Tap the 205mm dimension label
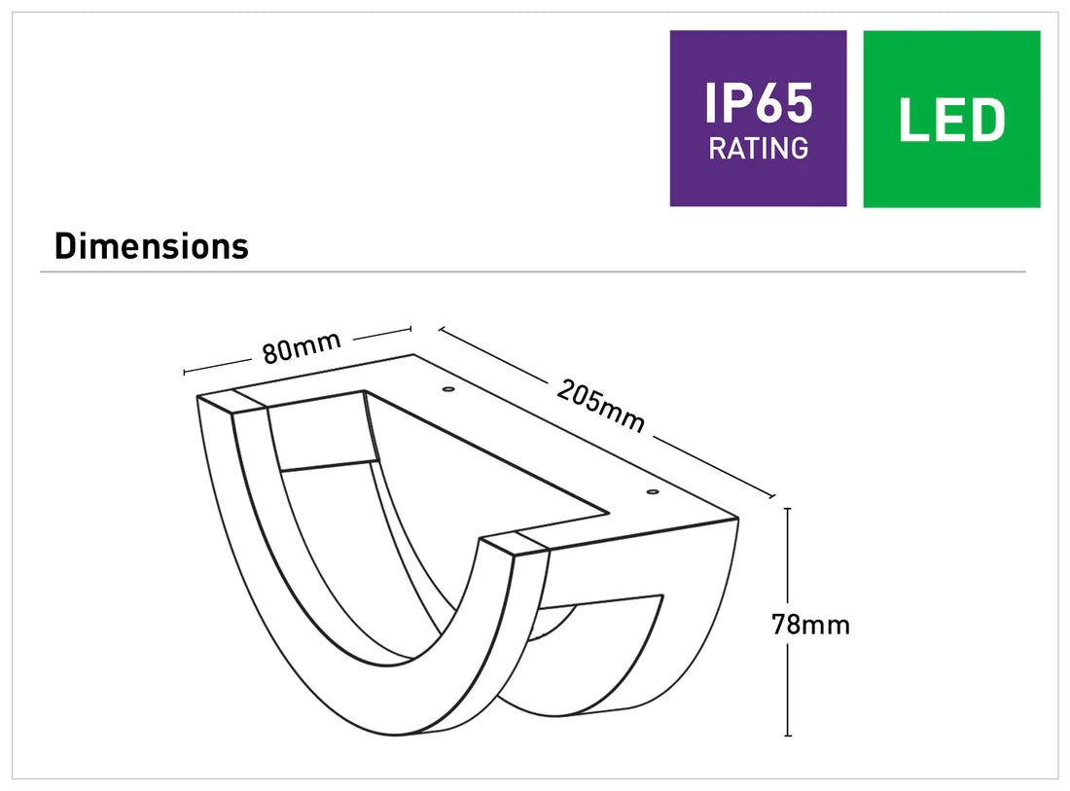click(601, 404)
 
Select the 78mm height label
click(810, 625)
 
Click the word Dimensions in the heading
click(152, 246)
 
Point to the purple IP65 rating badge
click(758, 118)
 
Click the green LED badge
click(951, 118)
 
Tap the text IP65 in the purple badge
click(758, 103)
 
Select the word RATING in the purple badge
click(758, 149)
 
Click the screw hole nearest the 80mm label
click(448, 390)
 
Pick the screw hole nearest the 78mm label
click(651, 492)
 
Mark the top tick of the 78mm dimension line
click(787, 508)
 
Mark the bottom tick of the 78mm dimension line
click(787, 736)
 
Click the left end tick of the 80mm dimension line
click(185, 372)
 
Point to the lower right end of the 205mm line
click(772, 497)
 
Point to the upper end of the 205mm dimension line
click(440, 330)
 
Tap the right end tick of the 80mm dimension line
click(410, 330)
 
